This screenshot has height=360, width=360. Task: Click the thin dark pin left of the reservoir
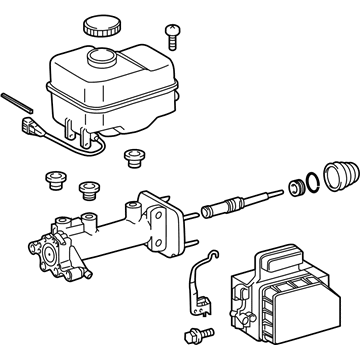click(x=19, y=103)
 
